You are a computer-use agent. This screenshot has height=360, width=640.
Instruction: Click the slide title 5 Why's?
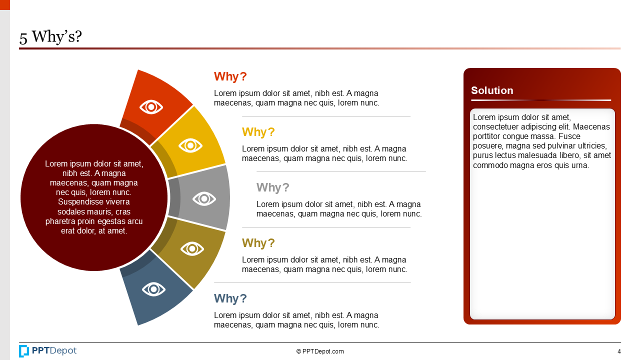(50, 37)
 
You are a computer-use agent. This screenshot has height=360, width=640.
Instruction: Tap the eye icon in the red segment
(151, 106)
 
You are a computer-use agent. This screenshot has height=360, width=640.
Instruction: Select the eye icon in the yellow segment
(190, 145)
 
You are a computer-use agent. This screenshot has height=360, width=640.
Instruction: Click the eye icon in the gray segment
(204, 198)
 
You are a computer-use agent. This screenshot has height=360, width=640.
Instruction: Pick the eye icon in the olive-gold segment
(192, 248)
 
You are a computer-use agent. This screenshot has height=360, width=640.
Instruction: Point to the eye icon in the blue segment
(153, 289)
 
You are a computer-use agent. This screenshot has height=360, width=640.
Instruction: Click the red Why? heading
(230, 77)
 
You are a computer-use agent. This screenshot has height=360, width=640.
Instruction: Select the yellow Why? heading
(258, 132)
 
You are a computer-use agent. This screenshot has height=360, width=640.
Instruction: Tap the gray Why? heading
(273, 188)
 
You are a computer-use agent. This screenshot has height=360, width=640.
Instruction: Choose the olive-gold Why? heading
(258, 243)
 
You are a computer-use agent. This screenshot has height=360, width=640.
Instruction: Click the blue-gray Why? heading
(230, 299)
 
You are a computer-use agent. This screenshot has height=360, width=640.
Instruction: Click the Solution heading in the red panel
(492, 90)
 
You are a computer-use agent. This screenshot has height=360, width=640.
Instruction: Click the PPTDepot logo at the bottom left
(48, 351)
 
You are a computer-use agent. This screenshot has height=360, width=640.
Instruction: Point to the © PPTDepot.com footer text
(320, 351)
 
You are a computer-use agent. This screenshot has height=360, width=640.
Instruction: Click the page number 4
(619, 351)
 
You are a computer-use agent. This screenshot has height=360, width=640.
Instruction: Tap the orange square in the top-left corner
(5, 4)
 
